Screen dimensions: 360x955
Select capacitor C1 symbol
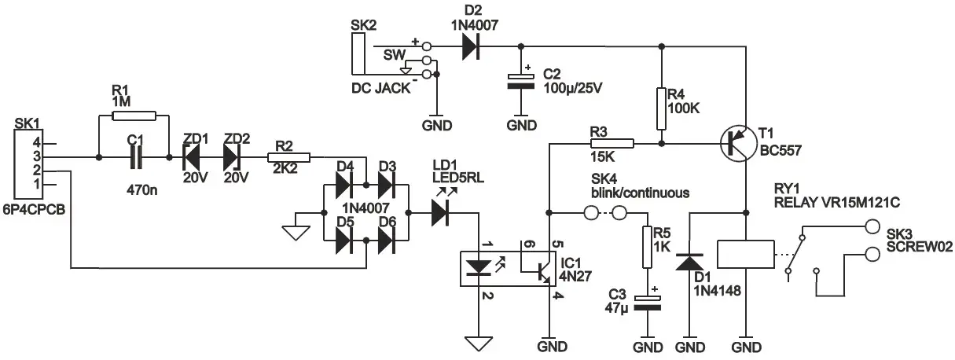point(134,158)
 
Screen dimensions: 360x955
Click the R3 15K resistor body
point(612,144)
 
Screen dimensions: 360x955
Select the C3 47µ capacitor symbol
point(647,303)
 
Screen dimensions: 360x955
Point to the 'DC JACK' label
point(380,88)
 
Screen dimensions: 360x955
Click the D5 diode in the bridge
point(343,244)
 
